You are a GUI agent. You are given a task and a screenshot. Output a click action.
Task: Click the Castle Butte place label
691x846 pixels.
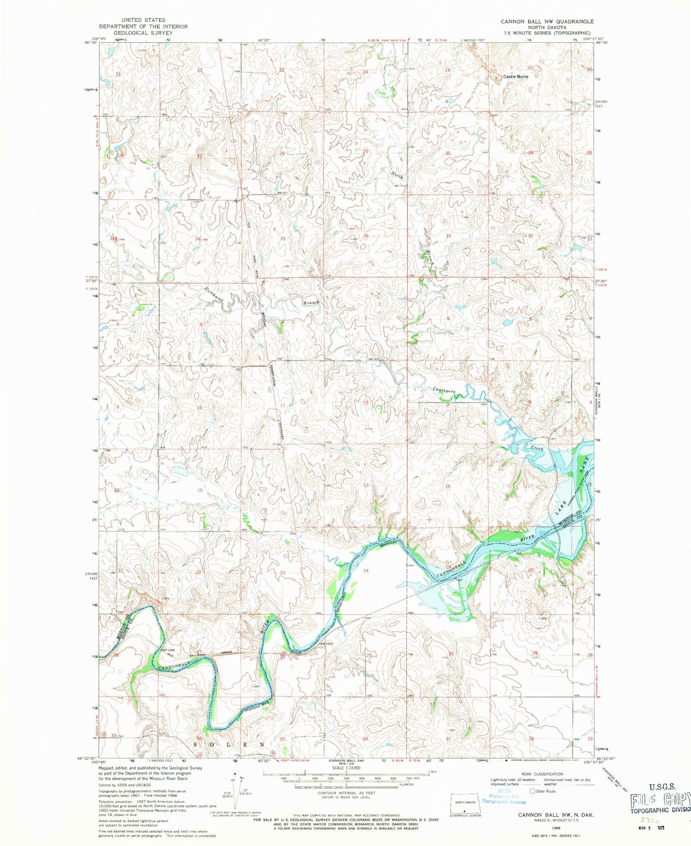click(x=515, y=76)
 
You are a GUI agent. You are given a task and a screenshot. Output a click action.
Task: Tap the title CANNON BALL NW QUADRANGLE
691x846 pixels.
click(x=547, y=22)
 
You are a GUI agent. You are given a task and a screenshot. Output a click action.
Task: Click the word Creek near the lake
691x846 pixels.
click(x=537, y=448)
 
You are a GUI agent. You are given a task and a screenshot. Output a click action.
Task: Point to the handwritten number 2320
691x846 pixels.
click(x=648, y=820)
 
